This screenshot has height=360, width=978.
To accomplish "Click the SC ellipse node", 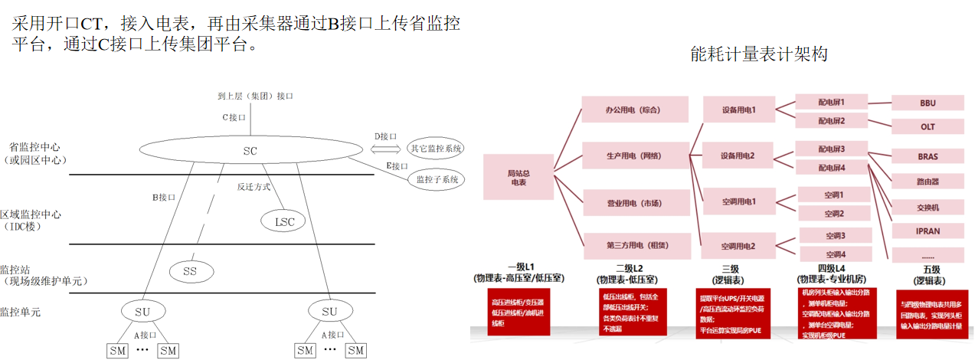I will tap(250, 151).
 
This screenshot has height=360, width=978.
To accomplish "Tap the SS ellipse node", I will tap(190, 270).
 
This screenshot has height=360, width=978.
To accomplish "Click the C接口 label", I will tap(234, 117).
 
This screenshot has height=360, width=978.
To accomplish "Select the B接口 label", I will tap(164, 197).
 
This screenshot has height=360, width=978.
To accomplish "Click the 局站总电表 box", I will tap(518, 178).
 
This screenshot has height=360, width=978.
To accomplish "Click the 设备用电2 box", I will tap(738, 155).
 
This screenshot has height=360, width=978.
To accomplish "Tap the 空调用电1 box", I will tap(738, 201).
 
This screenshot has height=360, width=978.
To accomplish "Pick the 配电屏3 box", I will tap(831, 148).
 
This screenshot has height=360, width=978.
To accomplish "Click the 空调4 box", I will tap(835, 254).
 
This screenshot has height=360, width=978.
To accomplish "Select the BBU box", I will tap(927, 103).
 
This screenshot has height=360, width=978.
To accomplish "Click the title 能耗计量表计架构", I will tap(759, 54).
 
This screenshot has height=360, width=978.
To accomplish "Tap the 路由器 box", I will tap(927, 182).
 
